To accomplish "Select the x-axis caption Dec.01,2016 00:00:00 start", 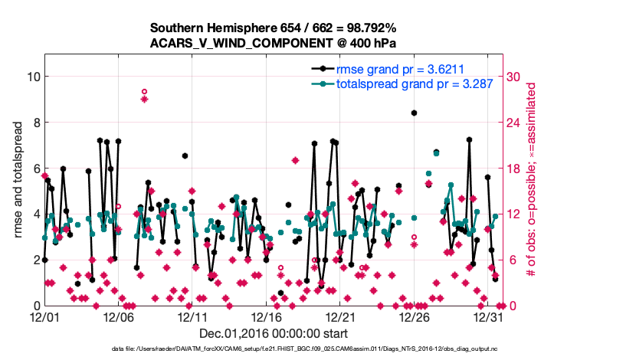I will point(274,333).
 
